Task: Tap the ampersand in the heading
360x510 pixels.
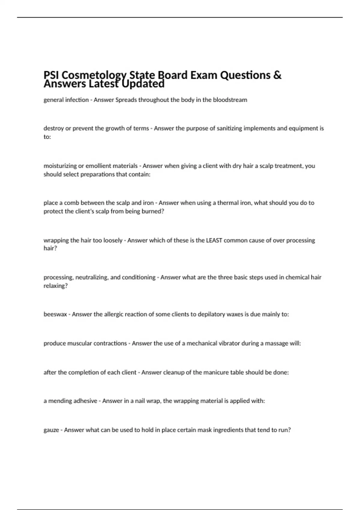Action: [277, 75]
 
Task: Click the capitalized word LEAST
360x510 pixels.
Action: [214, 240]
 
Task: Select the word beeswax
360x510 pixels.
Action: [55, 314]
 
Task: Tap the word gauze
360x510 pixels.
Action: [51, 430]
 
